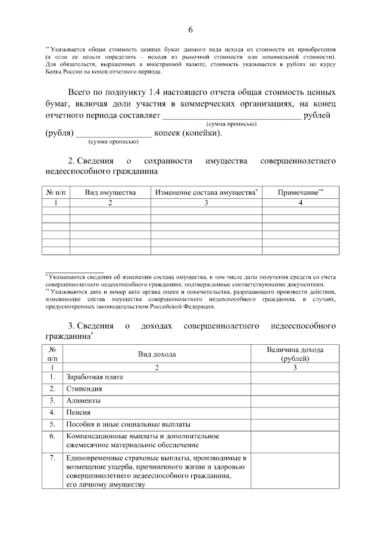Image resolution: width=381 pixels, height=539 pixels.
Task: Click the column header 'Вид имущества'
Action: click(x=110, y=192)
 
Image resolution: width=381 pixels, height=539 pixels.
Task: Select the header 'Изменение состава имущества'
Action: click(x=205, y=192)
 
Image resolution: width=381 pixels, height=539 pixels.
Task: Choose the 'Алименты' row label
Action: click(x=83, y=400)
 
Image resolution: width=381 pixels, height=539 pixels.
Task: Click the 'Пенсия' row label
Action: click(x=79, y=412)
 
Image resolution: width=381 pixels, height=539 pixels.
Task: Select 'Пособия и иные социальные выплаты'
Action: click(x=129, y=424)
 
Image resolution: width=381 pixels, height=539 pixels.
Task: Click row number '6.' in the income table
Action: click(x=52, y=436)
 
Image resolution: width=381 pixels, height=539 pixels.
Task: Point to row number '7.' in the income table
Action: click(x=52, y=458)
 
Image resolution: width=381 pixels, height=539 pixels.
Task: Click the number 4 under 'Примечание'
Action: click(x=301, y=203)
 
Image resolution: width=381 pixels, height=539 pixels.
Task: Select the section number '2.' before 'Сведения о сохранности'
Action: click(x=72, y=161)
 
